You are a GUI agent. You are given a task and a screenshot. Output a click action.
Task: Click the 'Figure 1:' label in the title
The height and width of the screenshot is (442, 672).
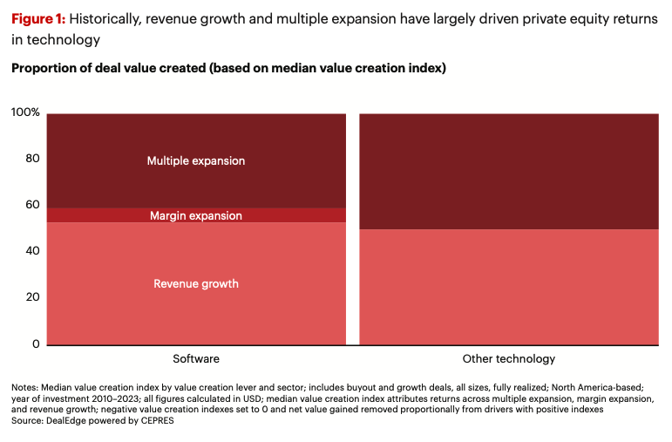(38, 19)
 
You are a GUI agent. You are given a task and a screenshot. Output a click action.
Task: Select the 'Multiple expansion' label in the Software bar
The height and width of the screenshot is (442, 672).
(195, 161)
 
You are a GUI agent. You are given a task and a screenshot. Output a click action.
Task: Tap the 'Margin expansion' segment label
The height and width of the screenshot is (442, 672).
(195, 215)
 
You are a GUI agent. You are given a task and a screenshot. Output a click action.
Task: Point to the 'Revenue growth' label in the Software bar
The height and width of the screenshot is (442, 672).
(195, 283)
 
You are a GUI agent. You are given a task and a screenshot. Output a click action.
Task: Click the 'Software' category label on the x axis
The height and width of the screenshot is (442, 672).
(196, 358)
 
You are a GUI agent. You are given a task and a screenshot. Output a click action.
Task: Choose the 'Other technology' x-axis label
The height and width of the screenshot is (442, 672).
(509, 358)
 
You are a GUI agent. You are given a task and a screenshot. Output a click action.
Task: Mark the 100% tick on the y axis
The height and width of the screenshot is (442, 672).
(25, 113)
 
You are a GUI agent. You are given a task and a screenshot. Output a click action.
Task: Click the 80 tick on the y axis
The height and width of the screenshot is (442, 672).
(32, 160)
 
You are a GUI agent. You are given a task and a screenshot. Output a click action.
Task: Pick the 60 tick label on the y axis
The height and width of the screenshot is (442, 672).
(32, 205)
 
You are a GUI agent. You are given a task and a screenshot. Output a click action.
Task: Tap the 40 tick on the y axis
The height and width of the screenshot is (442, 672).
(32, 251)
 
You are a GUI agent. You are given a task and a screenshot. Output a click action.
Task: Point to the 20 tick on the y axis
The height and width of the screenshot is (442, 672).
(32, 297)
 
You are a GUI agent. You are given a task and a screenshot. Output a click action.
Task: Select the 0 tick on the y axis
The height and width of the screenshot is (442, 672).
(36, 343)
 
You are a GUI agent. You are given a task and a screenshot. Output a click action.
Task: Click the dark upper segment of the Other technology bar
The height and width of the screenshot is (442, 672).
(509, 171)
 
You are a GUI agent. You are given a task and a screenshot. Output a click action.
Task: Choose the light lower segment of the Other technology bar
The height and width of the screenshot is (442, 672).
(509, 287)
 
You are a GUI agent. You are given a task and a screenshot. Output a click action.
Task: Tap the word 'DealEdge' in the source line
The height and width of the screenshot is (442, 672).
(70, 421)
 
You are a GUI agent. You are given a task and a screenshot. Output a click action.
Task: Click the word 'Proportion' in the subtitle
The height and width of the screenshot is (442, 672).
(44, 68)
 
